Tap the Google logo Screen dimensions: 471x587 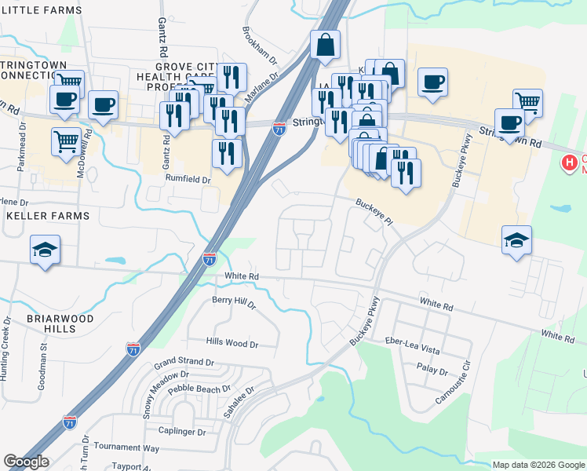[x=26, y=462]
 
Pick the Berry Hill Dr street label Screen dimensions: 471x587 [x=235, y=301]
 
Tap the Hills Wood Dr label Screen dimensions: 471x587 [x=232, y=344]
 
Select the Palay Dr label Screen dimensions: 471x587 [x=432, y=371]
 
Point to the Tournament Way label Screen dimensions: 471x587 [x=126, y=447]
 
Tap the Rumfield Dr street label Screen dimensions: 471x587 [x=188, y=180]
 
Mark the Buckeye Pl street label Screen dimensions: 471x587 [x=374, y=211]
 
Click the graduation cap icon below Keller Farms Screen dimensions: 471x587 [x=45, y=250]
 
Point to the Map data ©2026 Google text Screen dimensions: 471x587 [x=538, y=465]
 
